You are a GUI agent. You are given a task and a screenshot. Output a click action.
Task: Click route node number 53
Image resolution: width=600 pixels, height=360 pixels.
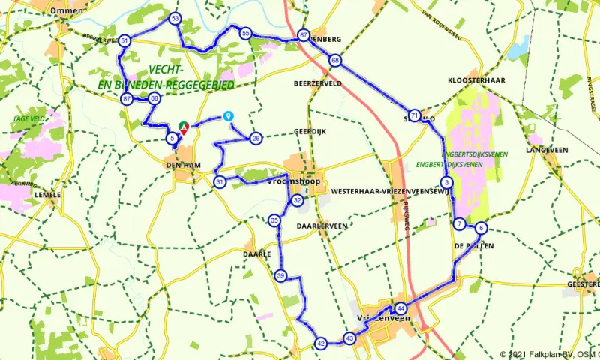coord(175,17)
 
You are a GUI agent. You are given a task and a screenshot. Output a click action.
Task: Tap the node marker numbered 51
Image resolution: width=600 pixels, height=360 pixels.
coord(125,40)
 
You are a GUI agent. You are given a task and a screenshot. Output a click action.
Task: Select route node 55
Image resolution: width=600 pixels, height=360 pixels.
coord(245,33)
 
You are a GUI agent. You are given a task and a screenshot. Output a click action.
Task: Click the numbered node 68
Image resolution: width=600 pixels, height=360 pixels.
coord(334,60)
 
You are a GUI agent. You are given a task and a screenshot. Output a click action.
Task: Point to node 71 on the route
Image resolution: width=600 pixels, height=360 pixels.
coord(415,114)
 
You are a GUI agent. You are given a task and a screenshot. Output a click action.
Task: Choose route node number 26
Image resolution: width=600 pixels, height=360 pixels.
coord(256,138)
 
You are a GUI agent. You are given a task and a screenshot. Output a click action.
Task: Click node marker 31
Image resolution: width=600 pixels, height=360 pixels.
coord(220,181)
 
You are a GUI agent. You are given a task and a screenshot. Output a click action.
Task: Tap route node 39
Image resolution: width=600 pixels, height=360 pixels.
coord(280,275)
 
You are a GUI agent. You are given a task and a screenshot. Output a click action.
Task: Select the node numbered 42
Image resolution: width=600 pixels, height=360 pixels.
coord(320,343)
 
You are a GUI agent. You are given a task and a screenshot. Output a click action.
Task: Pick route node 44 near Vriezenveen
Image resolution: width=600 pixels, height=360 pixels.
coord(401,307)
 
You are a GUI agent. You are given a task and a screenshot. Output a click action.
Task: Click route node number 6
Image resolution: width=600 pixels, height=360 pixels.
coord(481,229)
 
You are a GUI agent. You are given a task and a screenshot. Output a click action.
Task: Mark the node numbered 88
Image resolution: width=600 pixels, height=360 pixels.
coord(154,98)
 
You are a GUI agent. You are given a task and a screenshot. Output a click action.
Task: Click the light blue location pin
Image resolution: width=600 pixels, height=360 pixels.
coord(228,116)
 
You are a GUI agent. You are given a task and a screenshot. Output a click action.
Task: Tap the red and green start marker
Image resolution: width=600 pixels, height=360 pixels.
coord(184,127)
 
